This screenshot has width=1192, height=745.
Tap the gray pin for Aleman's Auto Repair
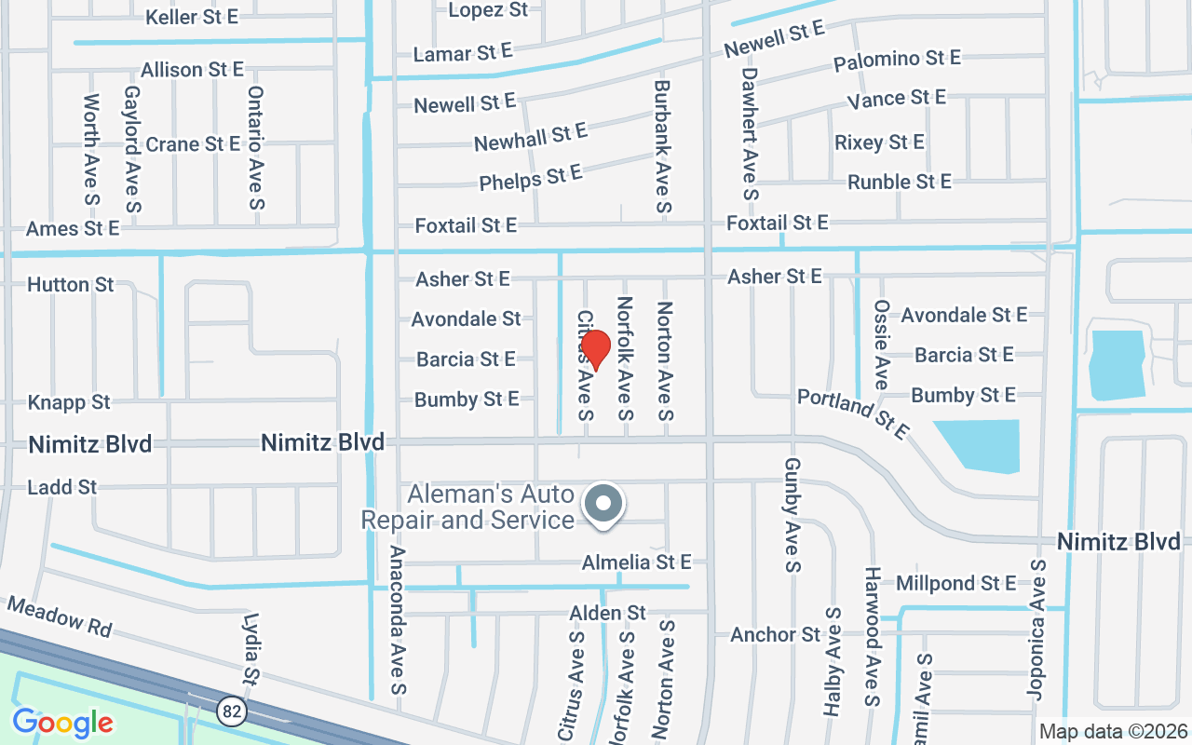tap(604, 506)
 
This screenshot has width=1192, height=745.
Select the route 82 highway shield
tap(232, 712)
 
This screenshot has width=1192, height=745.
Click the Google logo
tap(62, 722)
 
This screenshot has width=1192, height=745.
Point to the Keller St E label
tap(192, 17)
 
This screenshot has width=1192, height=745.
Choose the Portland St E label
tap(852, 413)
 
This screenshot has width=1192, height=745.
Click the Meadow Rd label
tap(59, 617)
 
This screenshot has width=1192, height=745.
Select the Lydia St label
tap(249, 647)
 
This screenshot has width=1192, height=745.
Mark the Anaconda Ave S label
tap(398, 620)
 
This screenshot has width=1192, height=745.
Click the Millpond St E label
tap(955, 584)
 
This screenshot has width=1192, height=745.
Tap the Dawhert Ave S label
tap(750, 134)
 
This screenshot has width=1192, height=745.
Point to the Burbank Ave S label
tap(661, 145)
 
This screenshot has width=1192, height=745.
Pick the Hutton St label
tap(71, 284)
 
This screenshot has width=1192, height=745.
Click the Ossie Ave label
tap(881, 345)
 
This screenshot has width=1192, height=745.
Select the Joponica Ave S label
tap(1036, 629)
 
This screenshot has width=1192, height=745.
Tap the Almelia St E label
tap(637, 562)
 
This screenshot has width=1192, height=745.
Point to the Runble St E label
tap(899, 182)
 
